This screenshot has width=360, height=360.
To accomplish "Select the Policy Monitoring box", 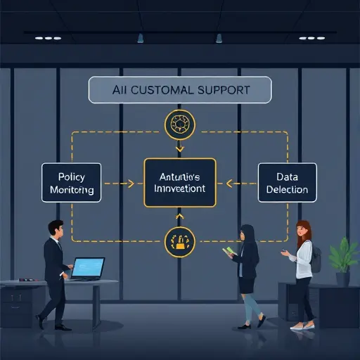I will click(72, 184).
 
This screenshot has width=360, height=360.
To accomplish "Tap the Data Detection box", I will click(288, 183).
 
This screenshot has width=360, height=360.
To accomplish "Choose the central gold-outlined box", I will click(180, 182).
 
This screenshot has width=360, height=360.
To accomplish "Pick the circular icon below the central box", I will click(179, 241).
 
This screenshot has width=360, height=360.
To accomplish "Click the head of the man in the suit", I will click(56, 229).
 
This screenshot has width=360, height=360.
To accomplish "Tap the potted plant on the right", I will click(344, 255).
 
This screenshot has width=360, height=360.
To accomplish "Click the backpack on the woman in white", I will click(316, 259).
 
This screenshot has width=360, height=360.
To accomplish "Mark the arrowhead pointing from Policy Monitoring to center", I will click(131, 184).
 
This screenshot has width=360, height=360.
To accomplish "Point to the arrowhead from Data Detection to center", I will click(229, 184).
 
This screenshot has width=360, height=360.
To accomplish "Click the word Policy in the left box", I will click(72, 176).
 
